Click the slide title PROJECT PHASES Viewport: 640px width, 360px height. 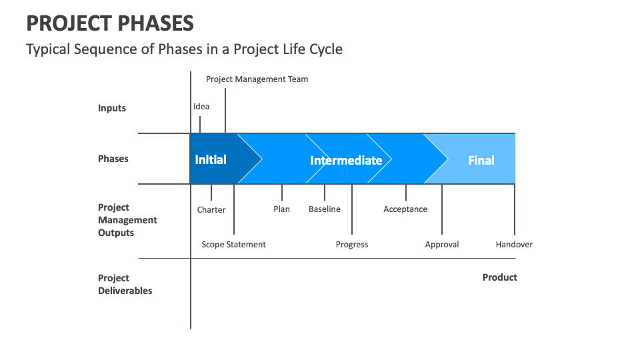point(110,23)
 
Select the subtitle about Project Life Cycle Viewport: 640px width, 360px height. point(184,49)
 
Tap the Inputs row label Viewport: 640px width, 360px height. point(112,108)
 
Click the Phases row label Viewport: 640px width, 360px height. point(113,159)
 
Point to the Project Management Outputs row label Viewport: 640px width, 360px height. point(127,220)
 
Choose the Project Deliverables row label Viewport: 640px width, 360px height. point(125,284)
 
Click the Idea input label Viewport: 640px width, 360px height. point(201,107)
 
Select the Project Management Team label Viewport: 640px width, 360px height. point(257,79)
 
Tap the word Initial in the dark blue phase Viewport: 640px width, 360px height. point(211,160)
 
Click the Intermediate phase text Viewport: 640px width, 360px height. point(346,161)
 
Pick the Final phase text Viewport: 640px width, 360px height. point(481,161)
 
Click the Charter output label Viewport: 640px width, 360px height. point(211,209)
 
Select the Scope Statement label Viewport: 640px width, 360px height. point(233,245)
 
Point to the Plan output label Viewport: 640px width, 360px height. point(281,209)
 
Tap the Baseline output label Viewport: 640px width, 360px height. point(324,209)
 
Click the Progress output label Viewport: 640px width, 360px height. point(352,245)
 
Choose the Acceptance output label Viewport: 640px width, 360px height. point(405,209)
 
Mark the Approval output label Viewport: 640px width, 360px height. point(442,245)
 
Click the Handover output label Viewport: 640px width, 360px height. point(514,245)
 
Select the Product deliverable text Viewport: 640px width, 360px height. point(499,277)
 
